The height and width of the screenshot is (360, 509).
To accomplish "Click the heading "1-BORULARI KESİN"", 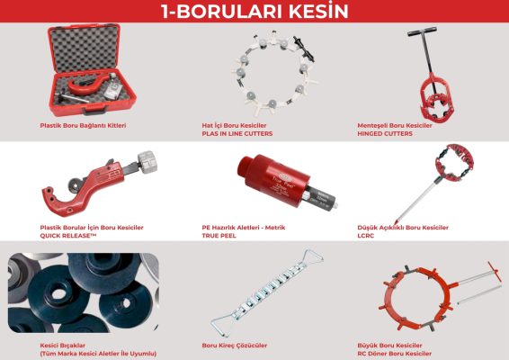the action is tap(254, 11).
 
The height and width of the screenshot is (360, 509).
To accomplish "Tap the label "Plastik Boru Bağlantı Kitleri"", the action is tap(83, 125).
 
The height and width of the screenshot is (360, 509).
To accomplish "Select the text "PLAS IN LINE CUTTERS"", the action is tap(237, 133).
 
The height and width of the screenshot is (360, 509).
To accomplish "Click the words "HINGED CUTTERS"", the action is tap(385, 133).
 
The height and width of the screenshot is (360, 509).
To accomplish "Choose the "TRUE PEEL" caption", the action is tap(219, 236).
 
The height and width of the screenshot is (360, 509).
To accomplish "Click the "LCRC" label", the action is tap(365, 236).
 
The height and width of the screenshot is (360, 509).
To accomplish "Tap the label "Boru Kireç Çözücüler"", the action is tap(235, 346).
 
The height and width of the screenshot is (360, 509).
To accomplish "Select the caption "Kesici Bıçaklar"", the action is tap(63, 346).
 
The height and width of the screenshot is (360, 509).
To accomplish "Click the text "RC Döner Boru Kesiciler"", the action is tap(395, 354).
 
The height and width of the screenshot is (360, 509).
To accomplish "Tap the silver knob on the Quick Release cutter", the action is tap(147, 160).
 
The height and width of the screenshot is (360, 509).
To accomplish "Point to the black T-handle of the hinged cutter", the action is tap(422, 32).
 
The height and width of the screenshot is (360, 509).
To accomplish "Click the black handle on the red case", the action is tap(94, 112).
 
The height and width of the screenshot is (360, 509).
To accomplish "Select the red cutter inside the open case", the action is tap(87, 84).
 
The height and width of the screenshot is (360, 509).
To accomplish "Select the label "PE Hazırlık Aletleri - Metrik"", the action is tap(244, 228).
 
